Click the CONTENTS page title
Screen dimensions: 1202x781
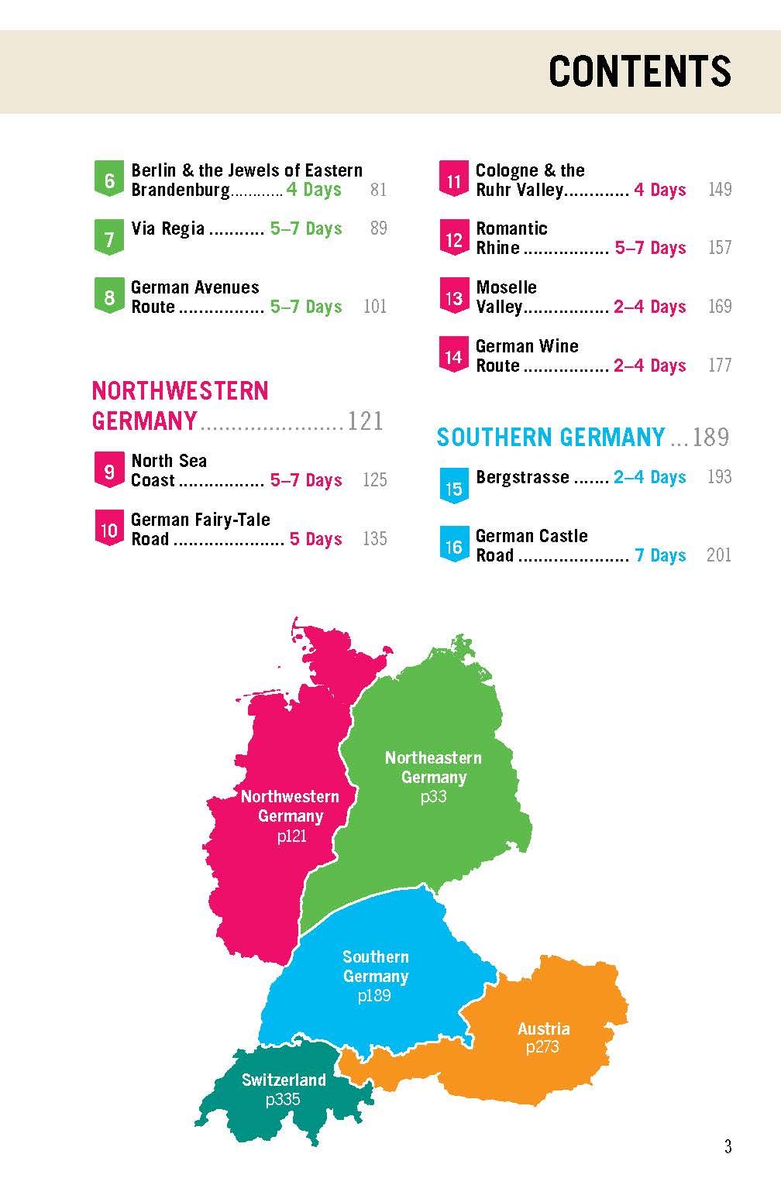pyautogui.click(x=639, y=72)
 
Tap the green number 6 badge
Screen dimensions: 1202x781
pyautogui.click(x=109, y=180)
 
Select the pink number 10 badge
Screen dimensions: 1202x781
pyautogui.click(x=109, y=530)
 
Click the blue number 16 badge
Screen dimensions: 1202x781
pyautogui.click(x=453, y=546)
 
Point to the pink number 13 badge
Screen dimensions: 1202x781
pyautogui.click(x=453, y=297)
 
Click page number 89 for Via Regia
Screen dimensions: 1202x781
pyautogui.click(x=378, y=228)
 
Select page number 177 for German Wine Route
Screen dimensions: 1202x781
pyautogui.click(x=719, y=365)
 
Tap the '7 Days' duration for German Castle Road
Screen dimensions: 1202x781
pyautogui.click(x=660, y=555)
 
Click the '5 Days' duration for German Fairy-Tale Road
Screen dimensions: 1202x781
pyautogui.click(x=315, y=539)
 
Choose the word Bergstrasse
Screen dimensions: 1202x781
pyautogui.click(x=522, y=477)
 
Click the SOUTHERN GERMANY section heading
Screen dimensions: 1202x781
pyautogui.click(x=550, y=438)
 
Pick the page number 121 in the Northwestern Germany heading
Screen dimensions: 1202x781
pyautogui.click(x=365, y=421)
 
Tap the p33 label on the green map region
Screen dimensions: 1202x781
pyautogui.click(x=433, y=796)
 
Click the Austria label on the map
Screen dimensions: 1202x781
pyautogui.click(x=543, y=1029)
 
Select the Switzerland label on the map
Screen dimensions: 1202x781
pyautogui.click(x=284, y=1080)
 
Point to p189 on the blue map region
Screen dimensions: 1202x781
pyautogui.click(x=374, y=996)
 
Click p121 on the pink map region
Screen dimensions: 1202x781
pyautogui.click(x=291, y=836)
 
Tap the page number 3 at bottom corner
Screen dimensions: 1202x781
pyautogui.click(x=727, y=1147)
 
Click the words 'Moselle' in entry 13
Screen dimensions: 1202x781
pyautogui.click(x=506, y=287)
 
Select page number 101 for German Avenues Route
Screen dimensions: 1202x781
pyautogui.click(x=374, y=307)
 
